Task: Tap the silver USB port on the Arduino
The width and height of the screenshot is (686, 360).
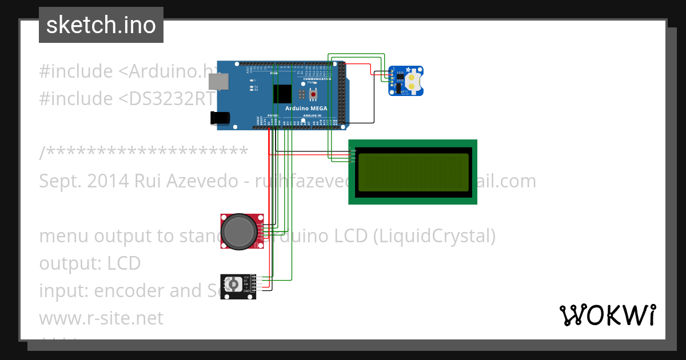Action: (x=217, y=82)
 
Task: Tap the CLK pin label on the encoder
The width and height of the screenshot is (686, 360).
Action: (x=247, y=277)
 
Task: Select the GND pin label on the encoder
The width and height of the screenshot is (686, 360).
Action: (x=247, y=291)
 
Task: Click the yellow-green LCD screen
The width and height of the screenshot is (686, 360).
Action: (x=413, y=172)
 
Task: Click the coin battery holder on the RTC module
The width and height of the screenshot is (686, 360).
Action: (x=414, y=80)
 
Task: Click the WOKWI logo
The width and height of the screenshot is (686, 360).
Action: (x=607, y=315)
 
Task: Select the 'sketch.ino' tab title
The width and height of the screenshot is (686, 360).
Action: (x=101, y=25)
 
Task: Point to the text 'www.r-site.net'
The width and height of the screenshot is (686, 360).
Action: (x=101, y=318)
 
